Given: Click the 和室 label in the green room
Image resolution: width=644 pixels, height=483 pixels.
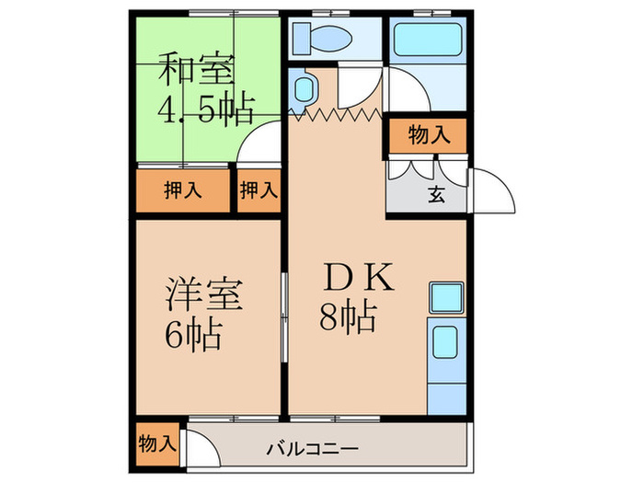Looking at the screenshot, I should click(197, 70).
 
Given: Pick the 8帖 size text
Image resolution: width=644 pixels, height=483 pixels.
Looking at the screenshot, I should click(348, 317).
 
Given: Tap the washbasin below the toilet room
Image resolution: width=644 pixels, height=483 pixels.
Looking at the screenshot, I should click(304, 89).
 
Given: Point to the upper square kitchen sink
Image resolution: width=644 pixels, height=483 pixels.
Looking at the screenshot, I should click(446, 297).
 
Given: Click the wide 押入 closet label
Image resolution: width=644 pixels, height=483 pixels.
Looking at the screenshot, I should click(182, 191).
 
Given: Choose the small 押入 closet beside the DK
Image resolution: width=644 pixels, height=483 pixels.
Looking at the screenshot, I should click(259, 191).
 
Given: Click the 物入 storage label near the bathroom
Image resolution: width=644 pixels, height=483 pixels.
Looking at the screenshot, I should click(429, 136).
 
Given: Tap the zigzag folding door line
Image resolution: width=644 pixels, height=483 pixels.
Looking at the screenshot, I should click(337, 114).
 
